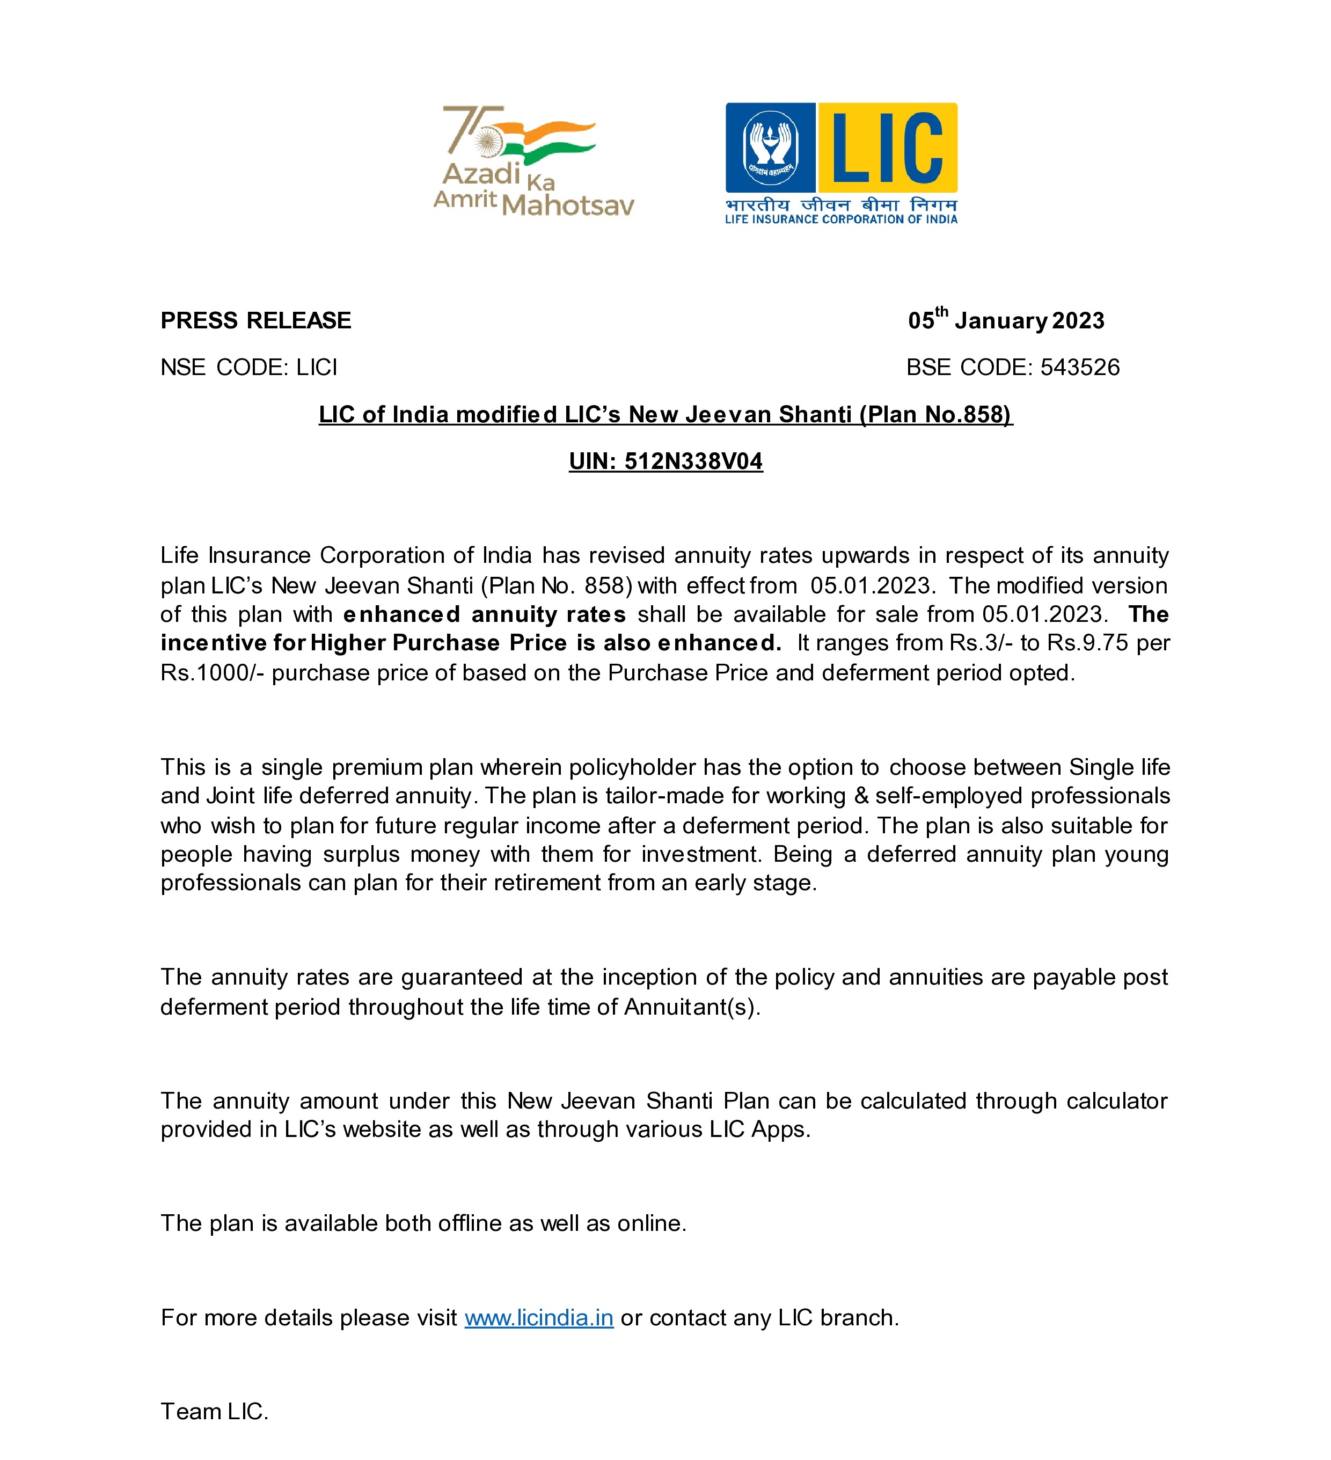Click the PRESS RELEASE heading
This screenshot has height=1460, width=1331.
[x=256, y=321]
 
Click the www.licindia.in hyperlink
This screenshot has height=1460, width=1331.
[x=538, y=1317]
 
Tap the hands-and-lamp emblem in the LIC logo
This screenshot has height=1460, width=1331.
[x=771, y=147]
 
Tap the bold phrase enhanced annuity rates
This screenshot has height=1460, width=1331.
[x=484, y=615]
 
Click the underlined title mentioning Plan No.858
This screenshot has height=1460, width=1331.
[x=665, y=414]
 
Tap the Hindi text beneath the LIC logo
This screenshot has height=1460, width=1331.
[x=840, y=205]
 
